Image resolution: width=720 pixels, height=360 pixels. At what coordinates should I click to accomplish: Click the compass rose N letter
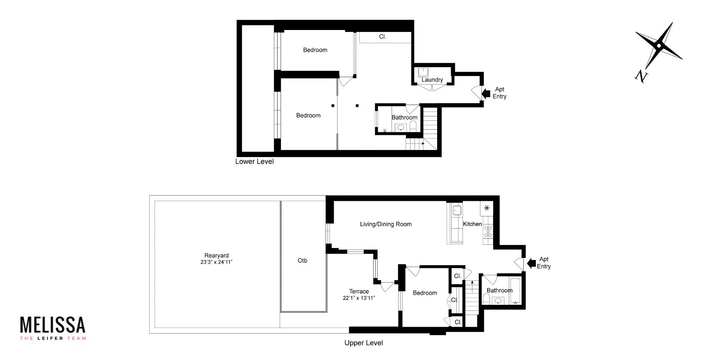641,76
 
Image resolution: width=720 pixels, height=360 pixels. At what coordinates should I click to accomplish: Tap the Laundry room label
432,80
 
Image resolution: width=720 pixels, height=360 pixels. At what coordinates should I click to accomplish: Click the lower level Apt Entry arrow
486,94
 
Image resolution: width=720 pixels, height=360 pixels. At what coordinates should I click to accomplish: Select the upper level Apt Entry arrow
531,263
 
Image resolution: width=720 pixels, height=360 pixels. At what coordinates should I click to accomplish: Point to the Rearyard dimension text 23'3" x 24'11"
216,262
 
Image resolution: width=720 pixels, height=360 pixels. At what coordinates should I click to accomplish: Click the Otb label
302,260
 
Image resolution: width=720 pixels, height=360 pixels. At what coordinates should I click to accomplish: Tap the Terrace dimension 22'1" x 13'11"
359,298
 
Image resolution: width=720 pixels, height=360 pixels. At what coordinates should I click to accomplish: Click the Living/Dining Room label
386,224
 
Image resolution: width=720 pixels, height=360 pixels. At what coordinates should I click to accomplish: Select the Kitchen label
472,224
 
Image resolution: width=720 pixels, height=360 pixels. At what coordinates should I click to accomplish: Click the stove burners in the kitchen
488,231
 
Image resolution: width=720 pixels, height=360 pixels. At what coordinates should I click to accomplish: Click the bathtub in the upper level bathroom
516,290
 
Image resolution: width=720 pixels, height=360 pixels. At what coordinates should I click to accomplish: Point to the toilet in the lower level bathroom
413,126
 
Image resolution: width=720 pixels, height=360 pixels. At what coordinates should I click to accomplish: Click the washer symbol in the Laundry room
423,72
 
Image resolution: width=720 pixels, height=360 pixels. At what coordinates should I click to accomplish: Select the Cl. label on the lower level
382,37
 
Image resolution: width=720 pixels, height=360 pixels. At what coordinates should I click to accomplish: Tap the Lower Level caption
254,162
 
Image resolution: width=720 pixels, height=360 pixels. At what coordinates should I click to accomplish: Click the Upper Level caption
364,343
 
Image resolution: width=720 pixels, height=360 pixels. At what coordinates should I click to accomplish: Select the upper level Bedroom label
425,293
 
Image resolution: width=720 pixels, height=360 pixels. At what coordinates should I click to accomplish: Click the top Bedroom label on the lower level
315,50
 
